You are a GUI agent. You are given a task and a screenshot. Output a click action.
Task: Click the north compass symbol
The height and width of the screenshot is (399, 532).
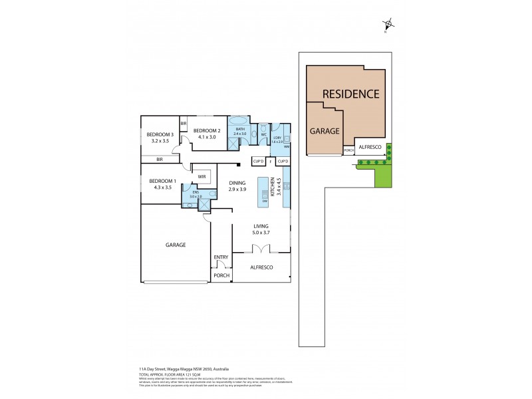pyautogui.click(x=387, y=26)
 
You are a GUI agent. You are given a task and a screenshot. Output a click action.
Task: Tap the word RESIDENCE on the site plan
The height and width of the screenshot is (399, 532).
pyautogui.click(x=350, y=94)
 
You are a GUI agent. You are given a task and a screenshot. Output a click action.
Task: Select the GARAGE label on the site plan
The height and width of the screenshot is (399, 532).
pyautogui.click(x=325, y=131)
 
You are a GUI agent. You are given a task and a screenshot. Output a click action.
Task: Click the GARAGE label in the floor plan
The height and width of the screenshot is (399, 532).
pyautogui.click(x=176, y=245)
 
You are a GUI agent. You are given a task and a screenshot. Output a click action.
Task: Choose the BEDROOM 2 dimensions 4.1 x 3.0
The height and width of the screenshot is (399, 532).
pyautogui.click(x=206, y=138)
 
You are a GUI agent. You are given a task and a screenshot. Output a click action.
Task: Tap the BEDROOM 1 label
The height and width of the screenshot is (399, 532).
pyautogui.click(x=162, y=182)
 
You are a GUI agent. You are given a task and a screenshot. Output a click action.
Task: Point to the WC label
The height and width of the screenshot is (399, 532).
pyautogui.click(x=263, y=134)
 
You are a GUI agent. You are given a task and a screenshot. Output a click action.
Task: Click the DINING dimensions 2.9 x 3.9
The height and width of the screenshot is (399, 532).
pyautogui.click(x=237, y=190)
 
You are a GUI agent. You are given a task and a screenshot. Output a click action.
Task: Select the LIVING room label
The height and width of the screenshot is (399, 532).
pyautogui.click(x=260, y=226)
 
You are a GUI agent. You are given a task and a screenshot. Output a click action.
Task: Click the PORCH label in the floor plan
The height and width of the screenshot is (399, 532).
pyautogui.click(x=221, y=275)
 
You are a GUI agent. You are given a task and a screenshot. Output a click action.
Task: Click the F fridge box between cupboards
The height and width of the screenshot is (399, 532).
pyautogui.click(x=271, y=162)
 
